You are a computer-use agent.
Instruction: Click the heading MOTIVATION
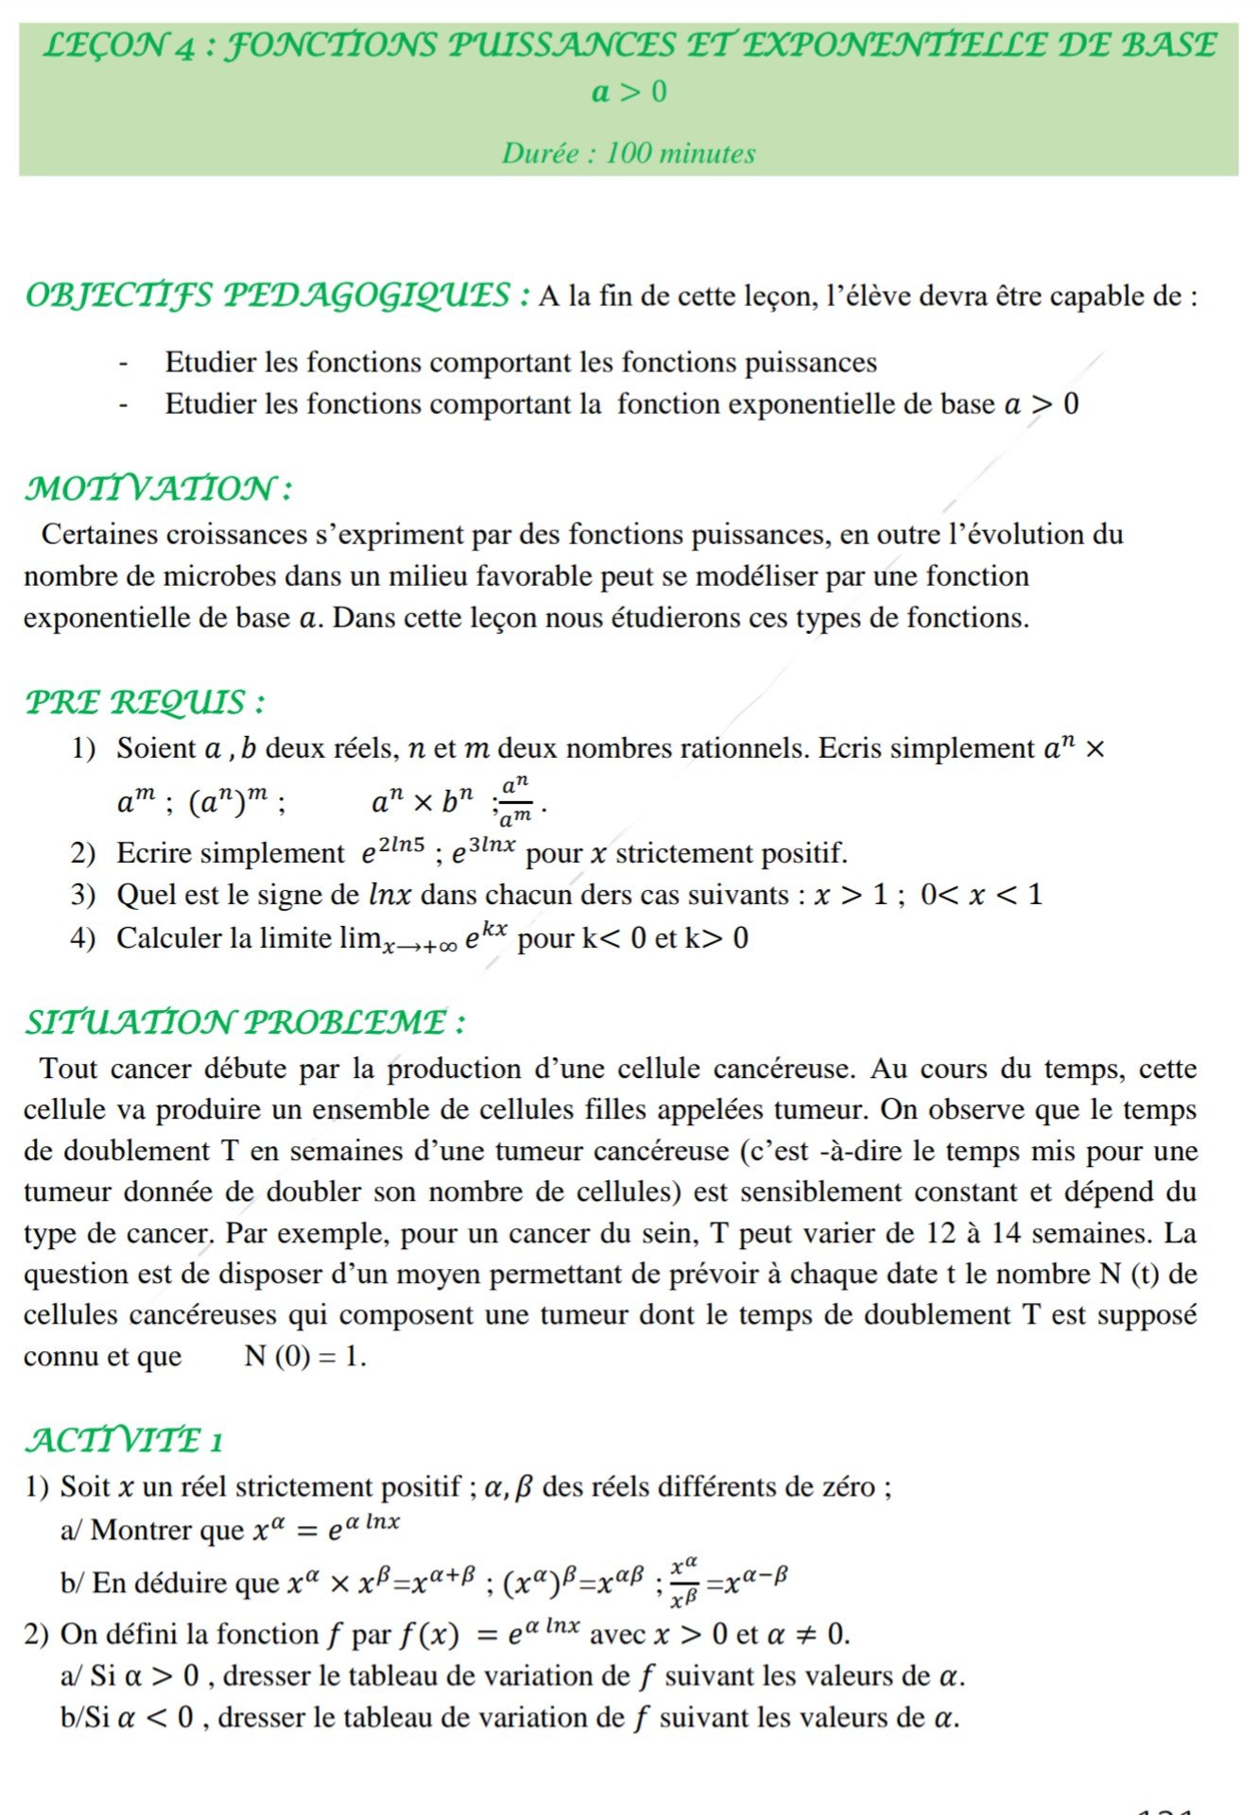pos(157,488)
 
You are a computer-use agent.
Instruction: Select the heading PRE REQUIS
pos(144,702)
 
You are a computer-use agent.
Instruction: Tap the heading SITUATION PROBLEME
pos(244,1021)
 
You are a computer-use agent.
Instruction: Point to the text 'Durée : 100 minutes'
pos(629,153)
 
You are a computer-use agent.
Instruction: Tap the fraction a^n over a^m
pos(516,800)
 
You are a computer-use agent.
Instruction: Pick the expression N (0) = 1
pos(304,1356)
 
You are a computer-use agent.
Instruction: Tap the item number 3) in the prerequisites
pos(83,895)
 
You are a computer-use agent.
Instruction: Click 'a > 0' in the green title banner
pos(629,92)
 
